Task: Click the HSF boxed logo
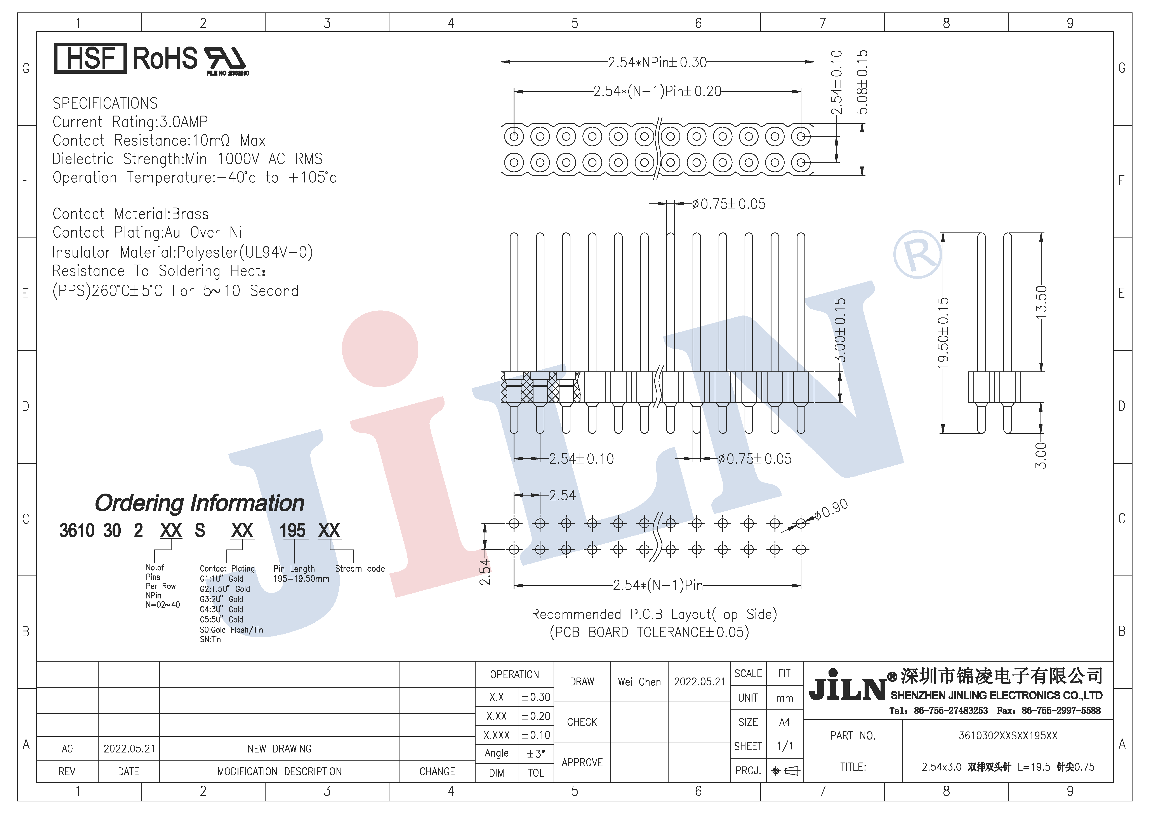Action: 90,58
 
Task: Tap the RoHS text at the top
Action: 165,58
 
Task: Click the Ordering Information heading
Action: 199,503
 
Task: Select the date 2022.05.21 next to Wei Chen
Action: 699,682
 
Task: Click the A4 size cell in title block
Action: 784,722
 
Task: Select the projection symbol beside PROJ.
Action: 785,771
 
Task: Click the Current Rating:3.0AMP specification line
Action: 130,122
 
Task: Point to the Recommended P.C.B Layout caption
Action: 654,614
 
